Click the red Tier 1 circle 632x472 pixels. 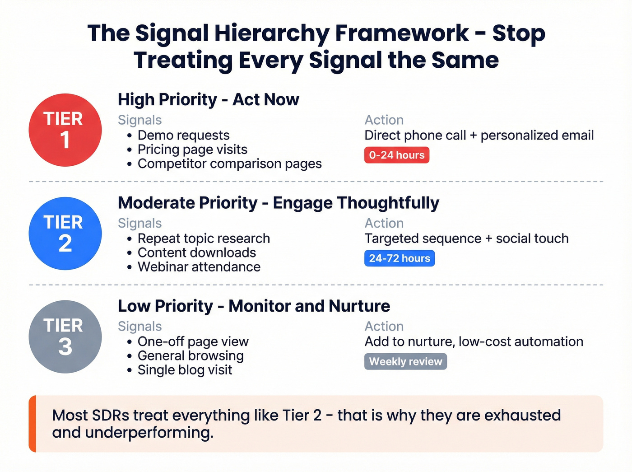pyautogui.click(x=65, y=130)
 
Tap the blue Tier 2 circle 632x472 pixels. pyautogui.click(x=65, y=234)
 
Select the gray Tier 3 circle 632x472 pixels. pyautogui.click(x=65, y=337)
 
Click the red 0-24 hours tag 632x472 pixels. pyautogui.click(x=396, y=155)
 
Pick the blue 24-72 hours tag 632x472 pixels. pyautogui.click(x=399, y=258)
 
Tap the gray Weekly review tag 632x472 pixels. pyautogui.click(x=405, y=361)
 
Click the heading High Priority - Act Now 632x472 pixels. pyautogui.click(x=208, y=99)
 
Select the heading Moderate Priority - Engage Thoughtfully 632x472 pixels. pyautogui.click(x=278, y=203)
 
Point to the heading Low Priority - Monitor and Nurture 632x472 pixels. pyautogui.click(x=254, y=306)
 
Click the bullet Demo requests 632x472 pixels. pyautogui.click(x=183, y=135)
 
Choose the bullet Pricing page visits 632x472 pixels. pyautogui.click(x=192, y=150)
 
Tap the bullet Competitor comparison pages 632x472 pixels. pyautogui.click(x=229, y=164)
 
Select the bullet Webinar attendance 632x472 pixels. pyautogui.click(x=199, y=267)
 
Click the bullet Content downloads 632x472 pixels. pyautogui.click(x=196, y=252)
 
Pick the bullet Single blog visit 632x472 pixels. pyautogui.click(x=185, y=370)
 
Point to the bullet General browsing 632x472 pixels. pyautogui.click(x=191, y=356)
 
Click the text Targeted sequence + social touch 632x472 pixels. pyautogui.click(x=466, y=238)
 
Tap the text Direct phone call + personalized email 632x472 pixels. pyautogui.click(x=479, y=135)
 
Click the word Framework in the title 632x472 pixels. pyautogui.click(x=402, y=33)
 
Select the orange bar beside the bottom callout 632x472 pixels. pyautogui.click(x=32, y=424)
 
